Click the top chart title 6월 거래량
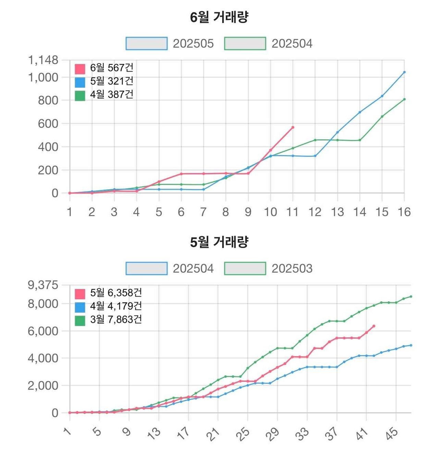(219, 17)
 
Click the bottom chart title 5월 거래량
(219, 242)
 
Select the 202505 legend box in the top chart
(146, 44)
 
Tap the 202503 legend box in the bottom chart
(245, 269)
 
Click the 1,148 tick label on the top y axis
(43, 60)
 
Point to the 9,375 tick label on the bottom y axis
(43, 285)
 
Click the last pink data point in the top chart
(293, 127)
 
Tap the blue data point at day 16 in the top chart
(404, 72)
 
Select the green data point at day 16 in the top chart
(404, 99)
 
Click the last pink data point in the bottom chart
(374, 326)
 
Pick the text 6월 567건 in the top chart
(111, 68)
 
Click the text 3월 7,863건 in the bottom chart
(116, 319)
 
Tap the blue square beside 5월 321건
(80, 82)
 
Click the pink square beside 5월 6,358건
(80, 294)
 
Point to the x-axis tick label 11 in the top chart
(293, 212)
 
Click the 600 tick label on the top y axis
(48, 124)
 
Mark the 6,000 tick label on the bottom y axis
(43, 331)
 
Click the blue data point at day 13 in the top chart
(337, 132)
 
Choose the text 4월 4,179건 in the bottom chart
(116, 306)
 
